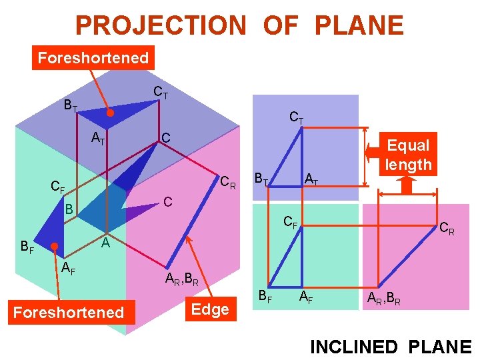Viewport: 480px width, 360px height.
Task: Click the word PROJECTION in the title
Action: [161, 25]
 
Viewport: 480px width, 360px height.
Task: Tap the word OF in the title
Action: [280, 25]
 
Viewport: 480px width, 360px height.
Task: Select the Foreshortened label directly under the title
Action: [93, 57]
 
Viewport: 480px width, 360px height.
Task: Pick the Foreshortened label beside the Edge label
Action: [68, 312]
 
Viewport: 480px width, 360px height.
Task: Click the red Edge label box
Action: [210, 309]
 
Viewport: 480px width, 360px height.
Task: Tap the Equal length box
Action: [408, 155]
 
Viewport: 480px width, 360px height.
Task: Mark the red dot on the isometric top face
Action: [111, 114]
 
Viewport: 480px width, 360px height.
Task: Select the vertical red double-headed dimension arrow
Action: [365, 157]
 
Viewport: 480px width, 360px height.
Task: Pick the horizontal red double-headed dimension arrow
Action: [408, 193]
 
